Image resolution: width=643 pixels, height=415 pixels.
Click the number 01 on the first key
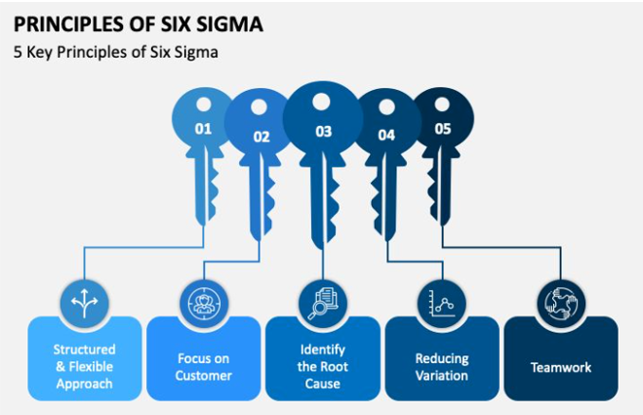pyautogui.click(x=203, y=129)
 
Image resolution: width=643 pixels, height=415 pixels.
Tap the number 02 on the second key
pyautogui.click(x=261, y=137)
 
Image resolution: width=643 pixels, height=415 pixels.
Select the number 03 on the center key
pyautogui.click(x=323, y=132)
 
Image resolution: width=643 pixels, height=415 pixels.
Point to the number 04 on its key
pyautogui.click(x=386, y=135)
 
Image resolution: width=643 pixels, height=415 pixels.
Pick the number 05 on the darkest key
pyautogui.click(x=442, y=129)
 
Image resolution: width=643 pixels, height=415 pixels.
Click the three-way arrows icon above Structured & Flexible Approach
pyautogui.click(x=85, y=304)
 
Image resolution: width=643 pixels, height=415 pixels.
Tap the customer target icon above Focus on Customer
pyautogui.click(x=203, y=304)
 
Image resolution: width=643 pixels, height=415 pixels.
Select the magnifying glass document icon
pyautogui.click(x=323, y=304)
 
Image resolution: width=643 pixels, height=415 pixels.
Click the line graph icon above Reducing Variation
pyautogui.click(x=442, y=304)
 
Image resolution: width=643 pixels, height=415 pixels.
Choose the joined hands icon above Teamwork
pyautogui.click(x=561, y=304)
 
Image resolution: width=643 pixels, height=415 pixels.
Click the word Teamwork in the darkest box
pyautogui.click(x=561, y=367)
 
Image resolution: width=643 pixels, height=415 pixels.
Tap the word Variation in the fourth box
pyautogui.click(x=442, y=376)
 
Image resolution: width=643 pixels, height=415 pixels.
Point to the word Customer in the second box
pyautogui.click(x=203, y=376)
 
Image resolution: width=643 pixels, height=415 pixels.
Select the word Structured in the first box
pyautogui.click(x=85, y=350)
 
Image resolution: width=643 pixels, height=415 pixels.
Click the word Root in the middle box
pyautogui.click(x=335, y=366)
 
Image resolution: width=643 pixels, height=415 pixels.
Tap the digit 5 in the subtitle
pyautogui.click(x=18, y=52)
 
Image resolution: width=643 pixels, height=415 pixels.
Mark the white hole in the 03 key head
pyautogui.click(x=321, y=103)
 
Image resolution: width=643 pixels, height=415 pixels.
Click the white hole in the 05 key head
pyautogui.click(x=442, y=104)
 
